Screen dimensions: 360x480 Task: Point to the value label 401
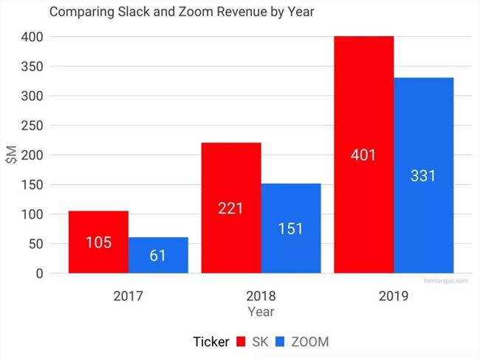pyautogui.click(x=363, y=155)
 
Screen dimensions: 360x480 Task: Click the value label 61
pyautogui.click(x=158, y=257)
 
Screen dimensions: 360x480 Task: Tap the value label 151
pyautogui.click(x=291, y=229)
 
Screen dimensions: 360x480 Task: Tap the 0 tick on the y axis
pyautogui.click(x=40, y=274)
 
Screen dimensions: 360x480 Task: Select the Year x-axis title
pyautogui.click(x=261, y=312)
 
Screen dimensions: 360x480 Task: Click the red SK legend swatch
pyautogui.click(x=241, y=342)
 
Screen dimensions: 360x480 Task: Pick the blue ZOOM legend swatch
pyautogui.click(x=280, y=342)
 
